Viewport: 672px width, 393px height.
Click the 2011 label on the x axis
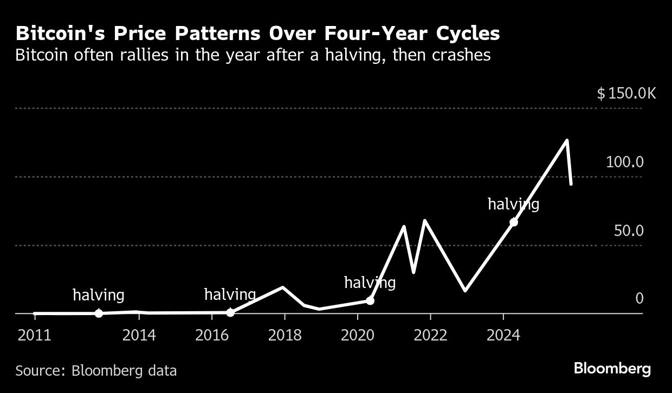34,335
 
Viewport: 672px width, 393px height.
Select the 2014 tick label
139,335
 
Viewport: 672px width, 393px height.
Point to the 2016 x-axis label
212,335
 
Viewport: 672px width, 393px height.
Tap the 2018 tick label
285,335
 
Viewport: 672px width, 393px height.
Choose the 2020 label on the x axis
357,335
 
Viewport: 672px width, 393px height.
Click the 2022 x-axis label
430,335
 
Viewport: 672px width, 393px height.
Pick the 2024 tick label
503,335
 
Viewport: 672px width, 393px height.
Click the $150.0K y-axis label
626,94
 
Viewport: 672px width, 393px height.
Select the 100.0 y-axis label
624,162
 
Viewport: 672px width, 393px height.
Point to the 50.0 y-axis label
628,231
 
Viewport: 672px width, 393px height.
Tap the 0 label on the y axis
639,298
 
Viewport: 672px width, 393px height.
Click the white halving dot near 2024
514,222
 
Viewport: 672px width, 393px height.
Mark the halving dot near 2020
370,300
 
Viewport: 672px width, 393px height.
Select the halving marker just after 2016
230,312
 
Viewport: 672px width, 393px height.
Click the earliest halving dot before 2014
99,313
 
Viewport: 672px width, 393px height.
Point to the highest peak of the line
567,141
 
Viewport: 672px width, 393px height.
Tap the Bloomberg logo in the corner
612,369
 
